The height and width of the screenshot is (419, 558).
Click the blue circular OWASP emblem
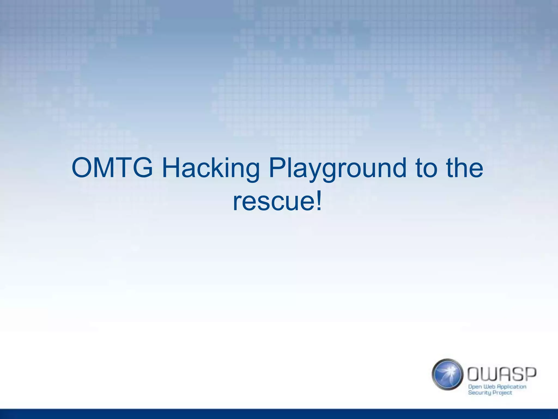(x=447, y=374)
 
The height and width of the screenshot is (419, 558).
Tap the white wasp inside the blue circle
(x=448, y=372)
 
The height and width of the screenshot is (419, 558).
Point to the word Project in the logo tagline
(x=503, y=393)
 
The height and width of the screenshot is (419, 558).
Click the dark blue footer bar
(x=279, y=414)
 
